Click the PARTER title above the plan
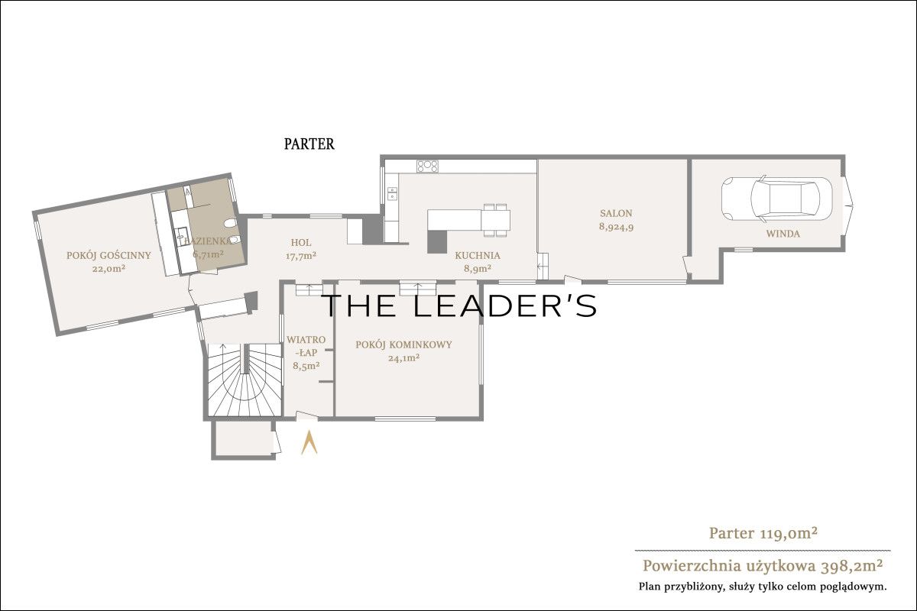tap(309, 144)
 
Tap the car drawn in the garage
tap(776, 199)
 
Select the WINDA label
tap(783, 234)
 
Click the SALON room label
tap(616, 213)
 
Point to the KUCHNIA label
tap(478, 256)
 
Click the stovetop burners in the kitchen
tap(427, 166)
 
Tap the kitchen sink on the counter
tap(392, 193)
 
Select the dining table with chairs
tap(496, 220)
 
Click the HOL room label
tap(301, 243)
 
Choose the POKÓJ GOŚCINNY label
tap(109, 255)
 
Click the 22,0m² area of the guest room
tap(109, 269)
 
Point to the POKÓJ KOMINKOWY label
tap(403, 344)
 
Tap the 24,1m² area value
tap(403, 358)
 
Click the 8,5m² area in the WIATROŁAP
tap(306, 366)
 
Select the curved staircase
tap(245, 380)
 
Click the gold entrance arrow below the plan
tap(309, 442)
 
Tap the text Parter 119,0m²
tap(763, 533)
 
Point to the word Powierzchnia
tap(692, 566)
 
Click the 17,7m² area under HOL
tap(301, 256)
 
